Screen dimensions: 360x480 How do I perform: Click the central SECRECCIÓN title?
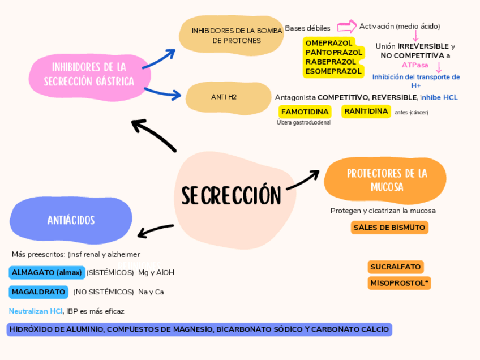click(231, 196)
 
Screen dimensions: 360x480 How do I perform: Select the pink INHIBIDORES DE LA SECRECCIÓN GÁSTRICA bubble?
click(89, 74)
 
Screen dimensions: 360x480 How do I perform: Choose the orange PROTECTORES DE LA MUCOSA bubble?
click(387, 179)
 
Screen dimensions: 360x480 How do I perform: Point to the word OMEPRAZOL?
click(329, 42)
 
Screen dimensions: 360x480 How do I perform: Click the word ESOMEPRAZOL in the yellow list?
click(333, 71)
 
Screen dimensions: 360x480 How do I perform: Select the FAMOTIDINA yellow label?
click(305, 112)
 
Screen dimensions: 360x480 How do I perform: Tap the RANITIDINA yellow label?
click(366, 111)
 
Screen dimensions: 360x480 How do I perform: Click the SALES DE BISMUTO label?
click(389, 228)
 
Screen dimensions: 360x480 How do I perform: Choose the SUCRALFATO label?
click(395, 267)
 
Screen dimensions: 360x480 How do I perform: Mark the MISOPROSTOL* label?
click(399, 282)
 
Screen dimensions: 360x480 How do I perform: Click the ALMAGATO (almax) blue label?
click(47, 272)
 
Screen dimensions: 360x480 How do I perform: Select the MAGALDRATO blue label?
click(38, 292)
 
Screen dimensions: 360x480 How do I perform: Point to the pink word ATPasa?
click(415, 65)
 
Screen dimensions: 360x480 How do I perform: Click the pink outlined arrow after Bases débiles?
click(346, 27)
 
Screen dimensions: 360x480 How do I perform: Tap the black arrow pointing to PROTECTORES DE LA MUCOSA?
click(303, 181)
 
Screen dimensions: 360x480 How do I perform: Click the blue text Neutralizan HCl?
click(36, 311)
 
